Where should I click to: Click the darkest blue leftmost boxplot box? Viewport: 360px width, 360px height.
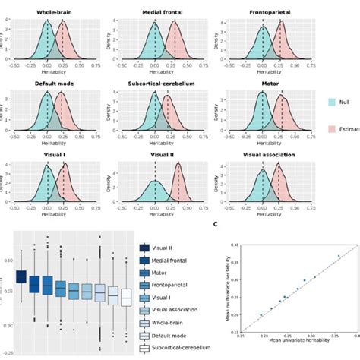[x=21, y=277]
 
